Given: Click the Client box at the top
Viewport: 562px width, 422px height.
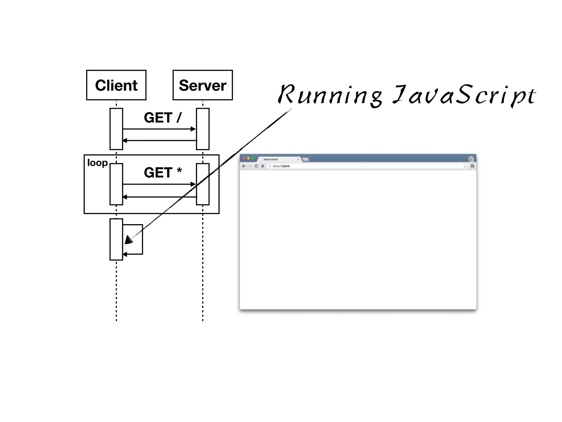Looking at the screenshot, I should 116,85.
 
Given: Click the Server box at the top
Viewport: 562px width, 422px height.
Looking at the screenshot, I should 203,85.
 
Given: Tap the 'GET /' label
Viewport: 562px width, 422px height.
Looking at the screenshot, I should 162,118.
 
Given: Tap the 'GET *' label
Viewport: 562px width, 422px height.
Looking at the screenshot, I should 162,173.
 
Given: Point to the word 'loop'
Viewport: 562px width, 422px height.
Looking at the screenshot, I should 97,163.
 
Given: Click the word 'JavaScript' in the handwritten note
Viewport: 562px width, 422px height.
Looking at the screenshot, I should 464,95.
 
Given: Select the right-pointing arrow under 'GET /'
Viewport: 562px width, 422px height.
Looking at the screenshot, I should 159,129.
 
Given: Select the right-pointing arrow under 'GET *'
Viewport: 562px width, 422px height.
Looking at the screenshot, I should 159,184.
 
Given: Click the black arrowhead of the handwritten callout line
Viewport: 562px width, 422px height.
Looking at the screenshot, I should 128,240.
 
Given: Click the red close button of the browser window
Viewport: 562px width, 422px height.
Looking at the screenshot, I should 244,159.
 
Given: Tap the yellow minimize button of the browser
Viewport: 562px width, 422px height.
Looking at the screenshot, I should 248,159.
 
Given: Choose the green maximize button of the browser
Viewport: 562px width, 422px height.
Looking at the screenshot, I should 253,159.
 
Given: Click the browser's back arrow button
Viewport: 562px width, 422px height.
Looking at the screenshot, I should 244,166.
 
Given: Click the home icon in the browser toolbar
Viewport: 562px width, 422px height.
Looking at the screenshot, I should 263,166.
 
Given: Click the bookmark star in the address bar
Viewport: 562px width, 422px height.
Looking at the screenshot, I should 465,166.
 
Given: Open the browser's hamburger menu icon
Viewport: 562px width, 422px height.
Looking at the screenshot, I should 472,166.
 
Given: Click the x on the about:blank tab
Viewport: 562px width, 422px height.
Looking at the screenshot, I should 298,159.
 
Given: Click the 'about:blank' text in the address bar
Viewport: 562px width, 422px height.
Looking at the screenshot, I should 281,166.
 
